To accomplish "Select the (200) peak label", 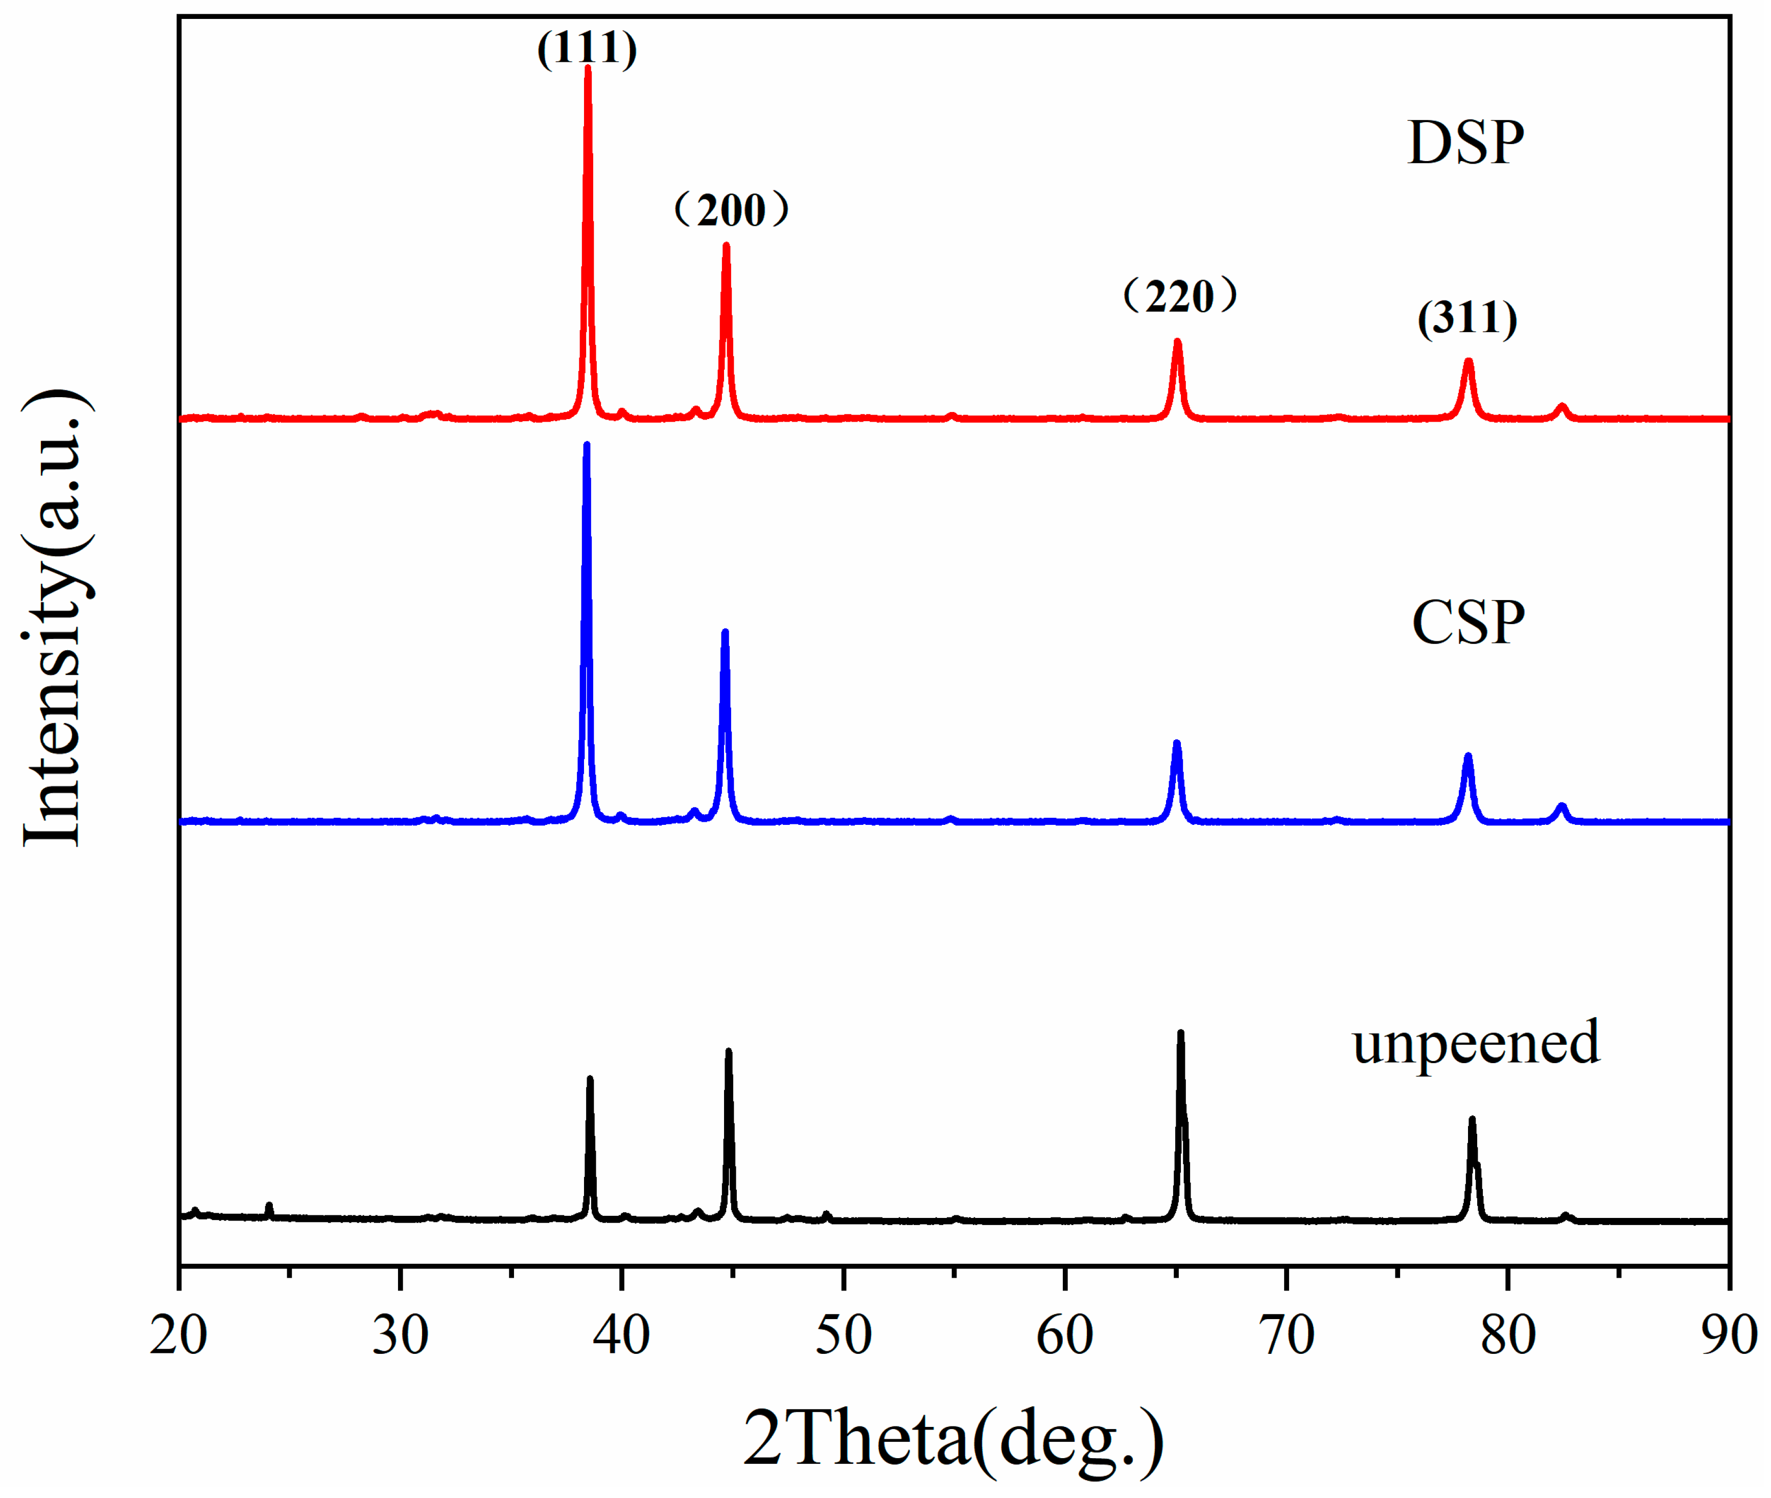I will [x=731, y=210].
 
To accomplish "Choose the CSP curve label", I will [x=1468, y=624].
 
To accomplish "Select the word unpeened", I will [x=1476, y=1043].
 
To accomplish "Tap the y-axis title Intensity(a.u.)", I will [x=56, y=618].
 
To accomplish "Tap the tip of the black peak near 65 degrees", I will [x=1180, y=1033].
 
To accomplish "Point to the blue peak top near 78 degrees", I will [x=1468, y=756].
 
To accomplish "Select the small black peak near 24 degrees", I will [x=269, y=1206].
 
